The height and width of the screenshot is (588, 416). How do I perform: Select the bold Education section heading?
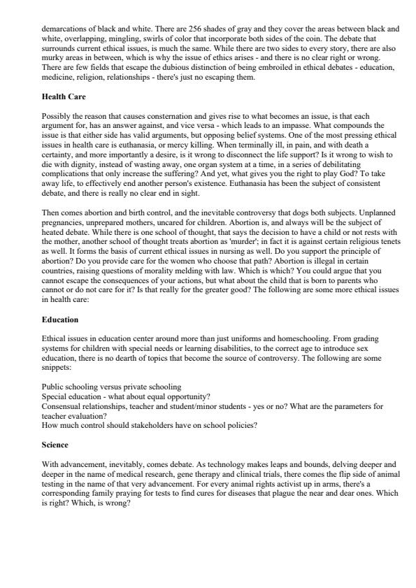pos(60,320)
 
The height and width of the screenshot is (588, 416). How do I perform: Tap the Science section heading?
pos(57,443)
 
